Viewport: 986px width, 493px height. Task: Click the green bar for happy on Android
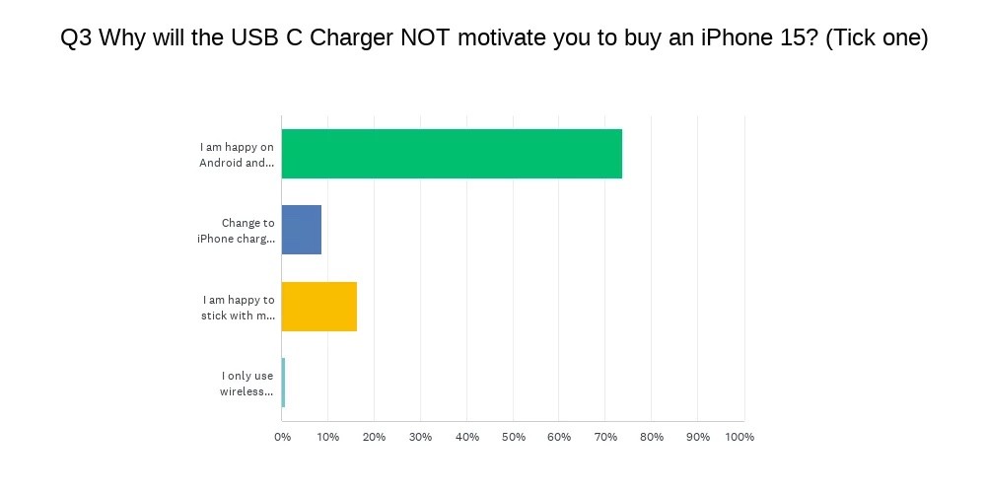coord(452,154)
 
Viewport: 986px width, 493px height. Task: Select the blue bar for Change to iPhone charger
coord(301,230)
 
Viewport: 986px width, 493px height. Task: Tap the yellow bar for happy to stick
coord(318,307)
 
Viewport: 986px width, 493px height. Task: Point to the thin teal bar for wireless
coord(283,383)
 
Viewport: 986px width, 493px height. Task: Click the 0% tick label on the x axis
coord(282,437)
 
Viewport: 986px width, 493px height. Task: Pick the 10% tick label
coord(327,437)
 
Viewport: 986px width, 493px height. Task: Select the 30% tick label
coord(420,437)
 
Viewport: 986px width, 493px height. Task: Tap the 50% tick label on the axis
coord(513,437)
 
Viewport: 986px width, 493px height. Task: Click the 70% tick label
coord(605,437)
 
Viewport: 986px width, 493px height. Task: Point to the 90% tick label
coord(697,437)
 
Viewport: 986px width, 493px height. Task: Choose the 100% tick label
coord(739,437)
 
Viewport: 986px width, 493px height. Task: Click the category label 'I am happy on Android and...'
coord(237,155)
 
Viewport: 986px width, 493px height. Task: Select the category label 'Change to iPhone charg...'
coord(236,231)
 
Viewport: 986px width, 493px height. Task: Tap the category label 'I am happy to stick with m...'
coord(238,308)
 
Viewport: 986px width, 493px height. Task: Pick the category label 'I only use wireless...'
coord(246,384)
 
